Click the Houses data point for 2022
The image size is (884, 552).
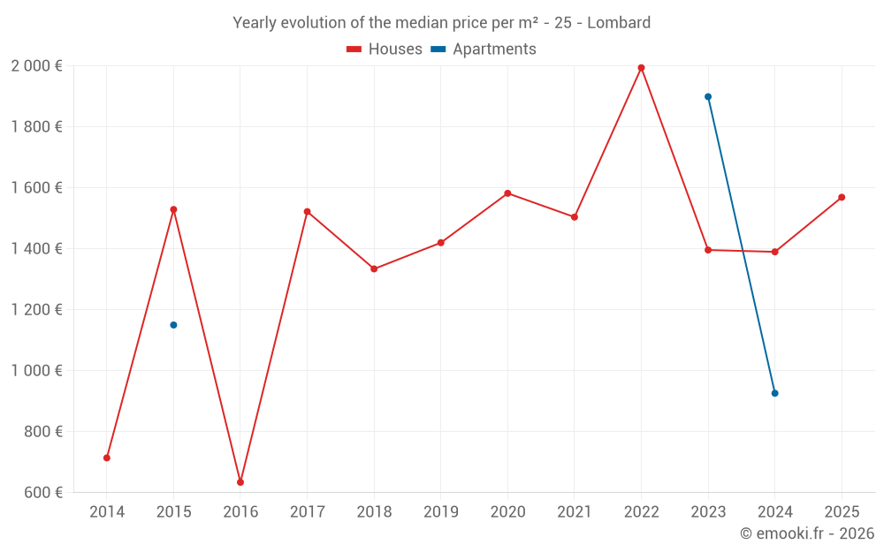642,68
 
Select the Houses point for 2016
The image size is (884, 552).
240,482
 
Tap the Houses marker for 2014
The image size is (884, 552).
107,457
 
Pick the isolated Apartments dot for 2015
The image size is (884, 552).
173,325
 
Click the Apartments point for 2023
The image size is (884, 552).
708,97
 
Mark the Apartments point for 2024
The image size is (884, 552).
775,393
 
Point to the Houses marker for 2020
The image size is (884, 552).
507,193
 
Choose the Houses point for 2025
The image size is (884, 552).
842,197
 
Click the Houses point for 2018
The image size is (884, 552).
374,268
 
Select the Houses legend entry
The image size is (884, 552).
385,49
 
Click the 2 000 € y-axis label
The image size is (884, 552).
36,66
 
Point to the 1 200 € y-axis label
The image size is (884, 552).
36,310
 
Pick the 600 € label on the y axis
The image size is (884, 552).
42,493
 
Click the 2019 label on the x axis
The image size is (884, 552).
440,512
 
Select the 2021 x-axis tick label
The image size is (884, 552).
575,512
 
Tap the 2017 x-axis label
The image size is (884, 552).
307,512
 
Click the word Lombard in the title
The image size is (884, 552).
621,23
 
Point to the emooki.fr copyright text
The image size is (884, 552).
807,533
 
